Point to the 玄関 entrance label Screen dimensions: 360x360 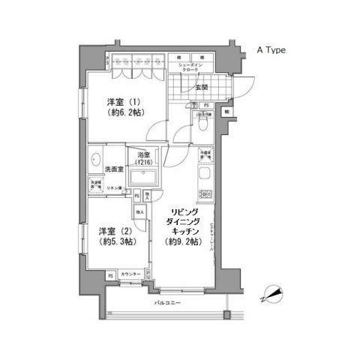click(x=202, y=88)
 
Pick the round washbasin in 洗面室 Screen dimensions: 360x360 click(x=94, y=160)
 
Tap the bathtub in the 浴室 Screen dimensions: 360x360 click(x=143, y=178)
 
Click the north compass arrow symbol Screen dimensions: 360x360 click(x=273, y=293)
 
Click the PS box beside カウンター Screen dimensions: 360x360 click(x=110, y=276)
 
